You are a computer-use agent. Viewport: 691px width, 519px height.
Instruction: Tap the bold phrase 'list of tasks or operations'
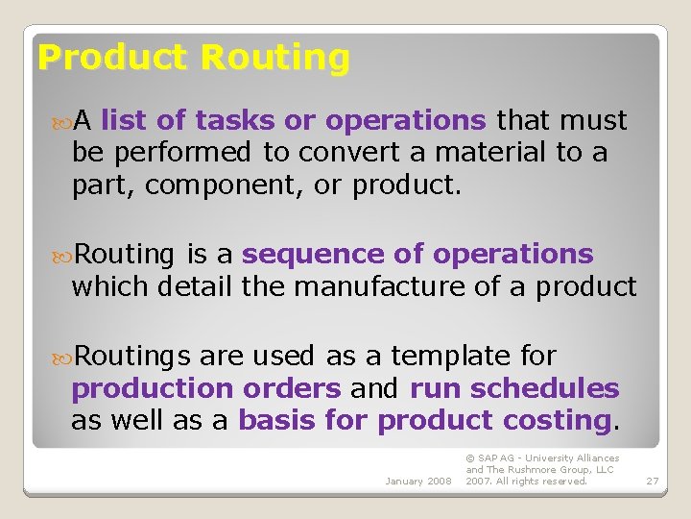293,121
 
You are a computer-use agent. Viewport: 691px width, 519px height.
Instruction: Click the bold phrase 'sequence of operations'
417,255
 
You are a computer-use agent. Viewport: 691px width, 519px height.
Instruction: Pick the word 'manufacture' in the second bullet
405,286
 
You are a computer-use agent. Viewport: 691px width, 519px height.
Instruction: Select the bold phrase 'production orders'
205,388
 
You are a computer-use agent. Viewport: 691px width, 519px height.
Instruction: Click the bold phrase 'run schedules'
514,388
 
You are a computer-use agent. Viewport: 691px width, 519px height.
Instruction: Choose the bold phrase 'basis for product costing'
424,420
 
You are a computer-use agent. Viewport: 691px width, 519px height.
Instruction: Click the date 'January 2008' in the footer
417,481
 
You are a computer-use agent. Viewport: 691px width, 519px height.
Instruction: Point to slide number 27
652,481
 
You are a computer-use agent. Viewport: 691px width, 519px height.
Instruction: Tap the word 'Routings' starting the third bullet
132,357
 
